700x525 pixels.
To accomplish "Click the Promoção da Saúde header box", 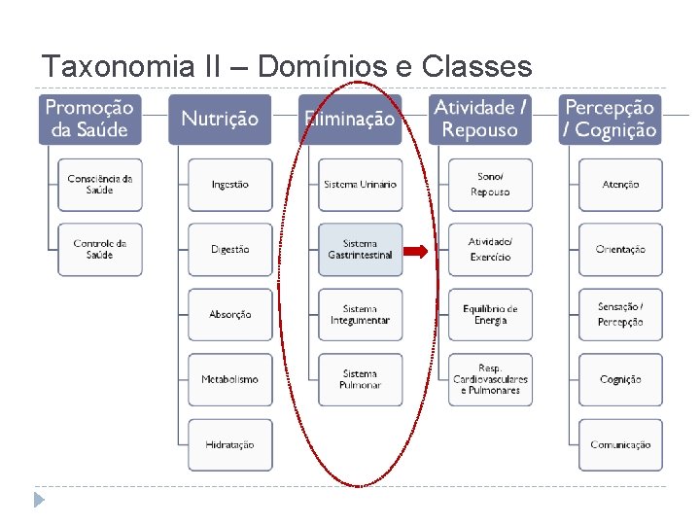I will click(x=90, y=119).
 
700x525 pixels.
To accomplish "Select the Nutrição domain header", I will click(x=220, y=119).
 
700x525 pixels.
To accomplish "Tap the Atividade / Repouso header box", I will click(x=480, y=119).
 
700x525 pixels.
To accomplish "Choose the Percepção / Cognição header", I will click(x=611, y=119).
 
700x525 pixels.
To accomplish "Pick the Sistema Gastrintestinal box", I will click(x=360, y=250).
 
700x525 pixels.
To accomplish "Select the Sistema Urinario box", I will click(x=360, y=185).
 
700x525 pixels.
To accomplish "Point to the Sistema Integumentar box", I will click(x=360, y=315).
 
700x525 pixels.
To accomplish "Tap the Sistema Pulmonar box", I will click(x=360, y=380).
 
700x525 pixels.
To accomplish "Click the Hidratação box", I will click(x=230, y=445).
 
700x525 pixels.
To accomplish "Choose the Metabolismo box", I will click(x=230, y=380).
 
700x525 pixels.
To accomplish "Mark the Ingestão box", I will click(x=230, y=185).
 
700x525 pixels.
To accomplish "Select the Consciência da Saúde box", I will click(x=100, y=185).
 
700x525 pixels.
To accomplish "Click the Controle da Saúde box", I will click(x=100, y=250).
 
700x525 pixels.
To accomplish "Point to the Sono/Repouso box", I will click(x=490, y=185).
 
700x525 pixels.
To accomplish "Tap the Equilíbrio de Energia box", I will click(x=490, y=315).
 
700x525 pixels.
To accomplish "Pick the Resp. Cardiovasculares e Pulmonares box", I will click(x=490, y=380).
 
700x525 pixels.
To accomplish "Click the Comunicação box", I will click(x=620, y=445).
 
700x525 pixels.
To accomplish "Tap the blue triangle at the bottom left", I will click(x=39, y=500).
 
